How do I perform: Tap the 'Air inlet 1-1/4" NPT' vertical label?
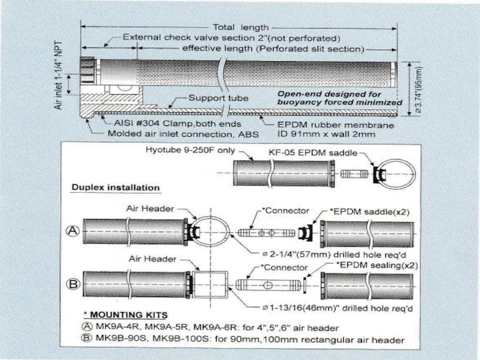pyautogui.click(x=59, y=78)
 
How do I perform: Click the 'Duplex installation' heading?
pyautogui.click(x=116, y=188)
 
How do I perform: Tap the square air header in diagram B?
pyautogui.click(x=209, y=286)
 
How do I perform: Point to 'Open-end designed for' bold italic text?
pyautogui.click(x=329, y=94)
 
